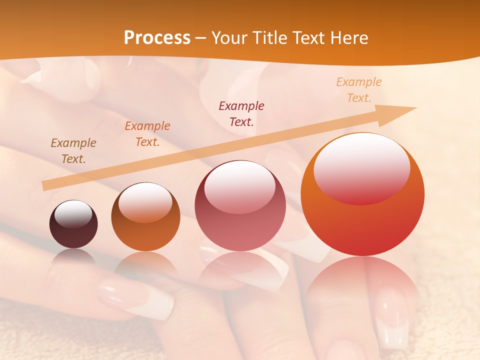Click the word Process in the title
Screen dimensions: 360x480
[157, 38]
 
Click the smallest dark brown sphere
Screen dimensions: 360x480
[73, 232]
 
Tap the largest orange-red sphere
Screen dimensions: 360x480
[362, 225]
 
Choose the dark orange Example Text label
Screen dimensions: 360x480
[147, 134]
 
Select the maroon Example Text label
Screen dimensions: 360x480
[241, 113]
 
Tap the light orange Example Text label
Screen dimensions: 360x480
[359, 90]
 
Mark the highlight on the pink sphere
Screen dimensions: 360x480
[240, 186]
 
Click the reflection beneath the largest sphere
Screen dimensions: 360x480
[362, 290]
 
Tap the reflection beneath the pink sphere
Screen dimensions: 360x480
[240, 270]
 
